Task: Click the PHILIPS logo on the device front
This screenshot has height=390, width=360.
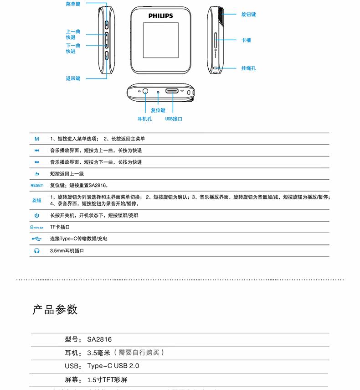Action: tap(160, 16)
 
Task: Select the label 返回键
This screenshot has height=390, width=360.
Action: tap(73, 78)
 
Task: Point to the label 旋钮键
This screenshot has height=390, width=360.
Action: tap(248, 15)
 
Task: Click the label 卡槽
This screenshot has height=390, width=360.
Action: tap(246, 40)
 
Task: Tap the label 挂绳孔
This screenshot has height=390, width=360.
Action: tap(248, 68)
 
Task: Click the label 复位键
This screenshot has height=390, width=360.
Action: tap(158, 110)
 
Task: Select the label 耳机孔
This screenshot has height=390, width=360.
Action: tap(145, 119)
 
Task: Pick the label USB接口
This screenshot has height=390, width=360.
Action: tap(174, 119)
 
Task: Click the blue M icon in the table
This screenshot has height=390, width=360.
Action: tap(37, 139)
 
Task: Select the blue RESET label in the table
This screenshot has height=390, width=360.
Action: tap(37, 186)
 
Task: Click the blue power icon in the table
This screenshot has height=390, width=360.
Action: tap(37, 215)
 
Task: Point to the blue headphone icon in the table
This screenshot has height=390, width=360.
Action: tap(37, 250)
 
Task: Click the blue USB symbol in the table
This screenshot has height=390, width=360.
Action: tap(37, 239)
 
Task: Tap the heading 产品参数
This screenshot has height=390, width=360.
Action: tap(55, 310)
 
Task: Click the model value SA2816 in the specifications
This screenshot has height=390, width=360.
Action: tap(99, 339)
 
